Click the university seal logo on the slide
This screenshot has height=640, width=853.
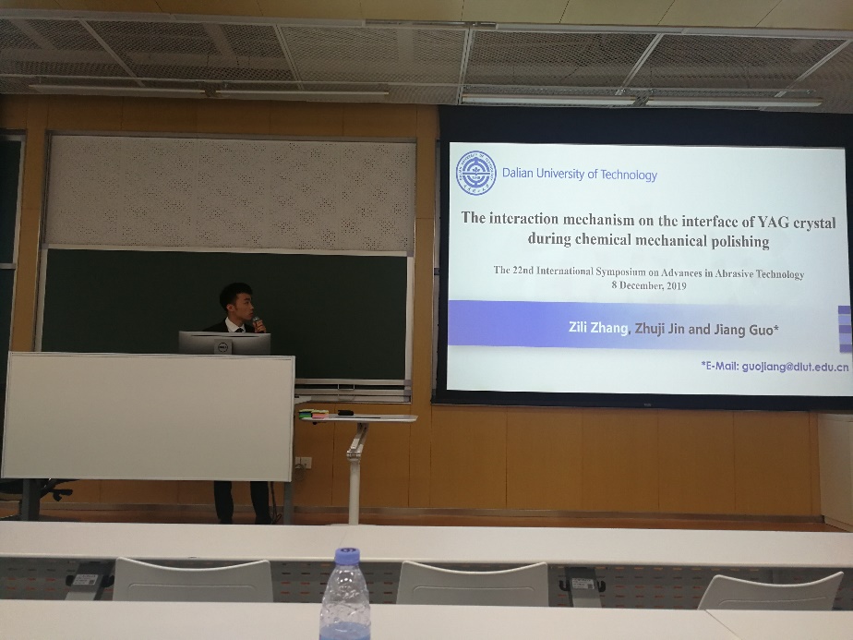(476, 173)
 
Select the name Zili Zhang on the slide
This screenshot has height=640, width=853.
(598, 327)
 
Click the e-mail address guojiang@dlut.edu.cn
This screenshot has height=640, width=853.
(795, 367)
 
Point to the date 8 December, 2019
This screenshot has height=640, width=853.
(648, 285)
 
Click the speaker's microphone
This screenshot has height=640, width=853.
(258, 323)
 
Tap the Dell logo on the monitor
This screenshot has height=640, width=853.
(222, 346)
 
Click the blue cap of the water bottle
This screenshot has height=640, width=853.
(347, 556)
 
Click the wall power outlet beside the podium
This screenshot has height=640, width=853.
(303, 463)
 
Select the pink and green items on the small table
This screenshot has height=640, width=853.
(313, 414)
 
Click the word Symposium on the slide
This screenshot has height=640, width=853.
(620, 272)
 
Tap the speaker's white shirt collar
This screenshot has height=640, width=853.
(234, 326)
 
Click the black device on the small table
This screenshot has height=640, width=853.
(345, 413)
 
